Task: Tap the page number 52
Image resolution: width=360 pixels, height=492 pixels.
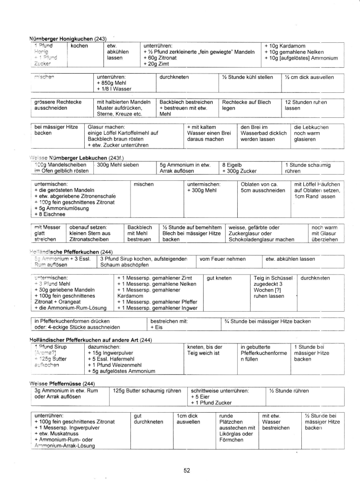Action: click(187, 471)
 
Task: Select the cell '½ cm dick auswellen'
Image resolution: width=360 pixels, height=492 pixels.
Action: click(312, 77)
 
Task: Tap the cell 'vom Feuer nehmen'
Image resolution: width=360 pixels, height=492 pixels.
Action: click(219, 259)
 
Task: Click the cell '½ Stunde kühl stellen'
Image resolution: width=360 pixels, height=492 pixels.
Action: click(248, 77)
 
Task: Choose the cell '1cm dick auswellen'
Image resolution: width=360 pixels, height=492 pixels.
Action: click(188, 418)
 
